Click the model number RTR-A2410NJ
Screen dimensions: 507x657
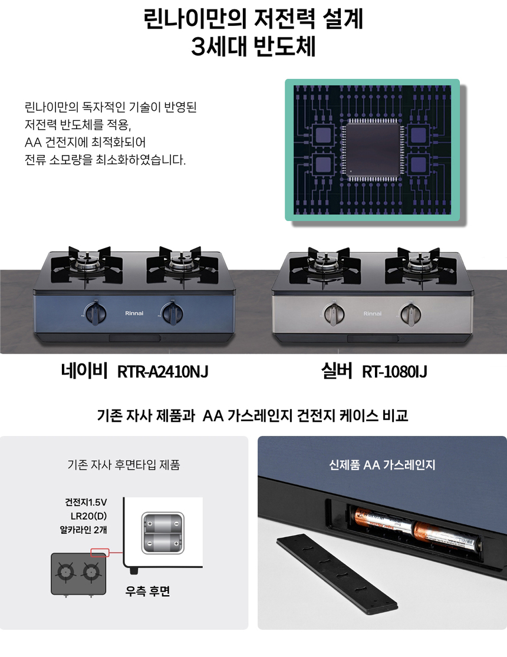point(163,372)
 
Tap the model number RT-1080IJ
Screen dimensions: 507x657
point(394,372)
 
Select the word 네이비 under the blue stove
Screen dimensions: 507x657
point(84,371)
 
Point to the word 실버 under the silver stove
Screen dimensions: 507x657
point(337,371)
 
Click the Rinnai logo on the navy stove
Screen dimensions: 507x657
point(134,313)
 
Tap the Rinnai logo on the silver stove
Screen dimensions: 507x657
point(373,313)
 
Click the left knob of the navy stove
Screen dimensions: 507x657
point(96,313)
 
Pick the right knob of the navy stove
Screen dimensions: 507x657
point(172,313)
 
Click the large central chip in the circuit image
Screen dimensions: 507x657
point(372,150)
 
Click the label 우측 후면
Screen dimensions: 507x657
point(147,591)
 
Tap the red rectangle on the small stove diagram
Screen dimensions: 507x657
point(100,553)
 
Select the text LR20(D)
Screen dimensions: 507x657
point(88,516)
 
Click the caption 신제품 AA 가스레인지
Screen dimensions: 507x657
point(382,465)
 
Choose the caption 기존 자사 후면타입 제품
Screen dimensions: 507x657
point(124,465)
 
